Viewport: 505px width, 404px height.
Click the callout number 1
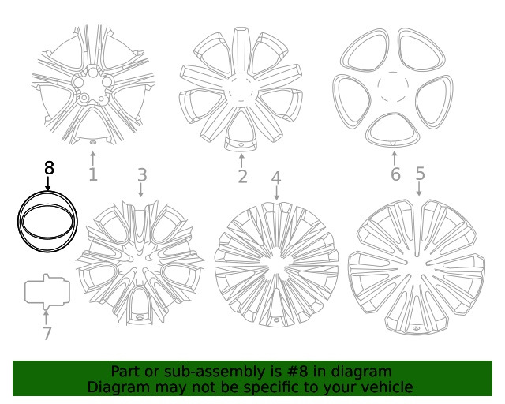93,174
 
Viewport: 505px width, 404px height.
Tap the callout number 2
242,177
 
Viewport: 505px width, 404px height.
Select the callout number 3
142,174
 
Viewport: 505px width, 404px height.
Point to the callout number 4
276,178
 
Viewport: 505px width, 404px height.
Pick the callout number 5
420,173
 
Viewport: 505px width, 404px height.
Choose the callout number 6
395,174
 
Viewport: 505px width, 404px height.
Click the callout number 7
47,333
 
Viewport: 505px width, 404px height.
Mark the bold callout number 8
49,167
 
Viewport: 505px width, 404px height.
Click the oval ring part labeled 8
48,221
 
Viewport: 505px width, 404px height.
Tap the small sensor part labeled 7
47,291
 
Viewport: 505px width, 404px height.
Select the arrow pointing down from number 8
48,184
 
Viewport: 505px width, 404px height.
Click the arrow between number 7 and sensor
47,316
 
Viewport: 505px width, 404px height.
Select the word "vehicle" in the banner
384,387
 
